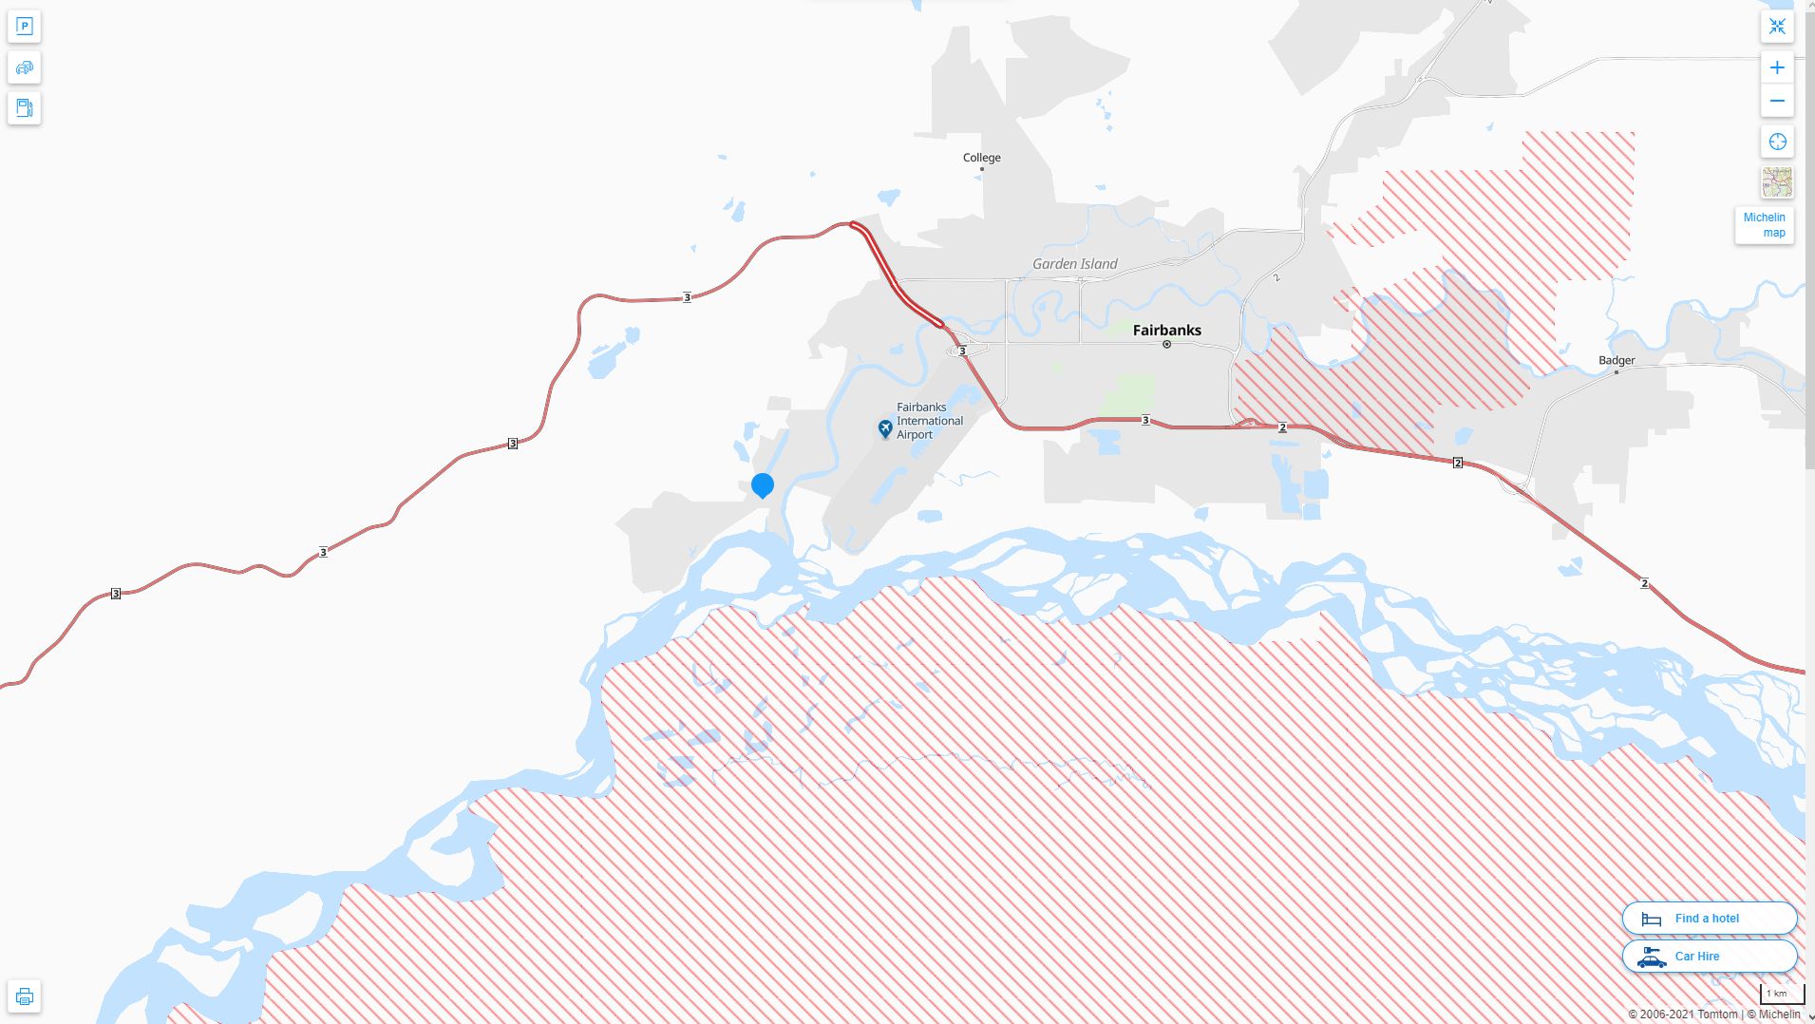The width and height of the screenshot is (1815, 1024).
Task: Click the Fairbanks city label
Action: coord(1166,331)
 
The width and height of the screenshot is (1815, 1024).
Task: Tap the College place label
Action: coord(981,158)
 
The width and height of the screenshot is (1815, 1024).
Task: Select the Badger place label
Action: coord(1616,361)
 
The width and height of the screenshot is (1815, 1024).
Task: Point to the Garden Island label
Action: coord(1074,264)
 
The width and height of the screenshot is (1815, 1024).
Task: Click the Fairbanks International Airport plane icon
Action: coord(885,429)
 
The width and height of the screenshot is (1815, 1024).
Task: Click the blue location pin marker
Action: coord(762,485)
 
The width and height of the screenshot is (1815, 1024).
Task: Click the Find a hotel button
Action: coord(1709,919)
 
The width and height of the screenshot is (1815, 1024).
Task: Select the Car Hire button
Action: coord(1709,957)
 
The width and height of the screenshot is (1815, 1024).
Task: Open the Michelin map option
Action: coord(1764,225)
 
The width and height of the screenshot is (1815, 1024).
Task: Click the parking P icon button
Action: coord(25,27)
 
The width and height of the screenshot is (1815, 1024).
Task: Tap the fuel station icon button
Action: coord(25,108)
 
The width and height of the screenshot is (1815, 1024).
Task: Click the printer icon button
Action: coord(25,996)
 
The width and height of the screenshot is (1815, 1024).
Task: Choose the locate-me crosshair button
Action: coord(1777,142)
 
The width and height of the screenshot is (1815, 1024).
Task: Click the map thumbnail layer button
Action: coord(1777,182)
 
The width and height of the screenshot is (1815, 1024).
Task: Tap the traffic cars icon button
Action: coord(25,67)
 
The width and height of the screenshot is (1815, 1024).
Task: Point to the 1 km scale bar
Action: coord(1781,995)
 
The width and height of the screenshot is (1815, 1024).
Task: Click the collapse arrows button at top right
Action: coord(1777,27)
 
